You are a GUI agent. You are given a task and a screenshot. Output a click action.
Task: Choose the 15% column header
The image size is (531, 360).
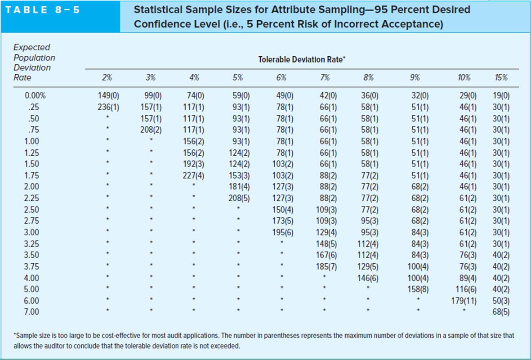coord(501,77)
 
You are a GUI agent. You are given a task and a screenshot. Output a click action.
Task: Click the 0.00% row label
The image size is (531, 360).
coord(36,95)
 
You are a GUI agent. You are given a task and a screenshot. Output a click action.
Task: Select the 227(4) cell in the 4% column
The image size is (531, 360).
coord(194,175)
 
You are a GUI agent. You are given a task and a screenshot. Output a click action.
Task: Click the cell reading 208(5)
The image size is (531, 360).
coord(237,198)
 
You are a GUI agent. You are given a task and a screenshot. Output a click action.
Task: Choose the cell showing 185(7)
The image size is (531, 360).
coord(326,266)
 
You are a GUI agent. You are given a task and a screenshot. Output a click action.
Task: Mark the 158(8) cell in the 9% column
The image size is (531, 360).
coord(418,289)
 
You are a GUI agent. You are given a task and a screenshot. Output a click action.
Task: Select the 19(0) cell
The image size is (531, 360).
coord(501,95)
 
